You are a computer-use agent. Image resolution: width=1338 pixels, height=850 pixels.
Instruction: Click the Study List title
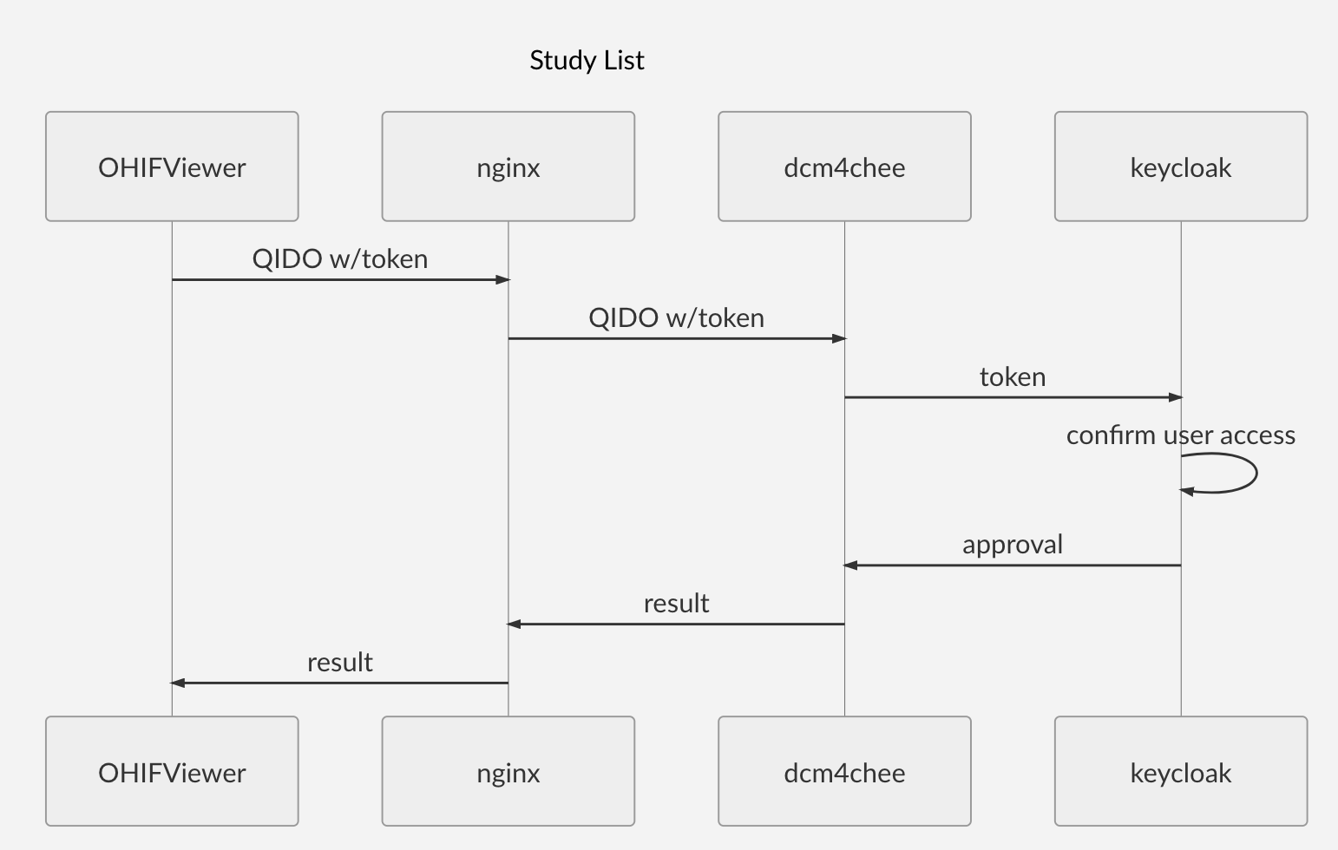(587, 60)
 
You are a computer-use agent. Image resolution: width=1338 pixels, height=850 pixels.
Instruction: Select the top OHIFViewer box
(172, 167)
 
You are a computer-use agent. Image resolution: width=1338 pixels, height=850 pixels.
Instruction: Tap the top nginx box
(508, 167)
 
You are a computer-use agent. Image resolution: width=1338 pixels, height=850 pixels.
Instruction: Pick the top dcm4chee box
(844, 167)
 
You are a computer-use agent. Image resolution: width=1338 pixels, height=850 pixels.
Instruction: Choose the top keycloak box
(1180, 167)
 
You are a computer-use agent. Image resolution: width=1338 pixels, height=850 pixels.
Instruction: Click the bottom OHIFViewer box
(172, 772)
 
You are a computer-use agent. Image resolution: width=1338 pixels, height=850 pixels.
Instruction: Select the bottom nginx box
(508, 772)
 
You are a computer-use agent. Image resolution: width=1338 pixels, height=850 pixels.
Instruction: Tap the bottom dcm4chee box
(844, 772)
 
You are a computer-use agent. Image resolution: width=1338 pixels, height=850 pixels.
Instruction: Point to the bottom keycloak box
(1180, 772)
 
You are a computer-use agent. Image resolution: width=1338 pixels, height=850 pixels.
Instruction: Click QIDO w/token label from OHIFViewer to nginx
(340, 258)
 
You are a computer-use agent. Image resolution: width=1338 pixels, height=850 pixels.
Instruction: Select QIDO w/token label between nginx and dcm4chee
(676, 317)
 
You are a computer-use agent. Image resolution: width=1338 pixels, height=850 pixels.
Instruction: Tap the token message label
(1013, 376)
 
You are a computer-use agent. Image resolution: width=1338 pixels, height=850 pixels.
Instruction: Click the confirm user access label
(1180, 435)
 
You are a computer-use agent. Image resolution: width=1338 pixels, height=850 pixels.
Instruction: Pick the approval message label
(1013, 545)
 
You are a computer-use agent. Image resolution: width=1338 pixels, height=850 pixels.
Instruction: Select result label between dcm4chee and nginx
(676, 604)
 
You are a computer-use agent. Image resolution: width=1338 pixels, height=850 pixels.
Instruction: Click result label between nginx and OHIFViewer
(340, 663)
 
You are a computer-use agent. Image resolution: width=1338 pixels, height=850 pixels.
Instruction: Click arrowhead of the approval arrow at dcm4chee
(850, 566)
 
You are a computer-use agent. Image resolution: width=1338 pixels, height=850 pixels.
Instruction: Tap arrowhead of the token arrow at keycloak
(1175, 397)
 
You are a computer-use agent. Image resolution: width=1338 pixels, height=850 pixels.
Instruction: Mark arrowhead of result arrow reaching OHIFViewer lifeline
(178, 683)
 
